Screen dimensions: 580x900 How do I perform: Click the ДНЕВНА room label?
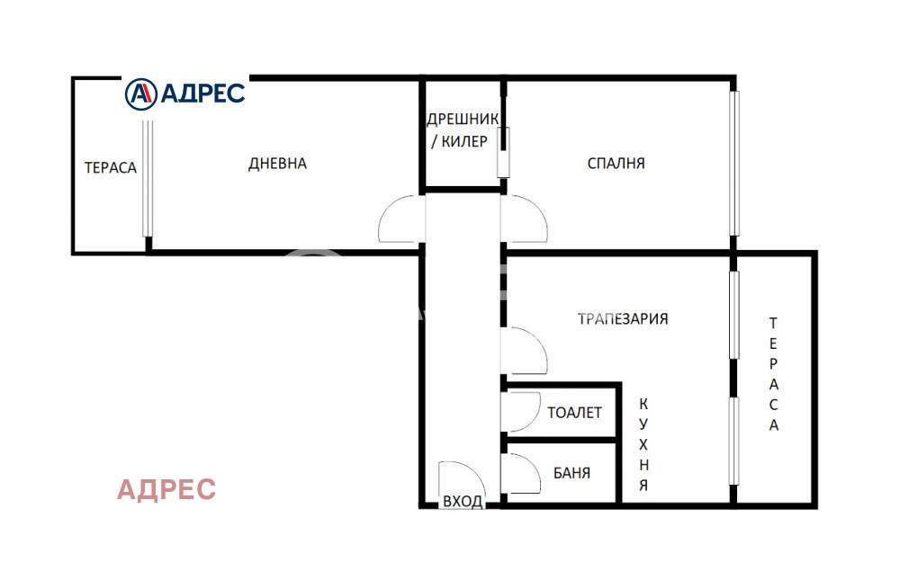click(x=277, y=164)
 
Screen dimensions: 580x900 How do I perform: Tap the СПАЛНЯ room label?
click(x=616, y=164)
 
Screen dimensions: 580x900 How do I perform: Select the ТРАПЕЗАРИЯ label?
click(x=623, y=318)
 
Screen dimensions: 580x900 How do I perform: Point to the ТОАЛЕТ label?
click(x=574, y=413)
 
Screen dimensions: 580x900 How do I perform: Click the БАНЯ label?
click(x=571, y=472)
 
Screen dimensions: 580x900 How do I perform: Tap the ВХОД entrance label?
click(x=462, y=502)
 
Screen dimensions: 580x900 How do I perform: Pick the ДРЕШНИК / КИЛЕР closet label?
click(x=458, y=130)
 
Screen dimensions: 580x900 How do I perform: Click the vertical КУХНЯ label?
click(x=643, y=444)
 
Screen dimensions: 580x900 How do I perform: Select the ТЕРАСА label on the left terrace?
click(x=110, y=167)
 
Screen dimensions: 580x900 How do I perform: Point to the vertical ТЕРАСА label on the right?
click(x=773, y=374)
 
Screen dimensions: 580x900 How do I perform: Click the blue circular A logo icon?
click(x=140, y=93)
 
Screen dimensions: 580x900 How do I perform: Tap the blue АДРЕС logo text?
click(x=202, y=93)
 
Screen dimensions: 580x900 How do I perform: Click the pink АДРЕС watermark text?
click(x=166, y=489)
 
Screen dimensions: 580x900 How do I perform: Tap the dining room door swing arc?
click(x=526, y=352)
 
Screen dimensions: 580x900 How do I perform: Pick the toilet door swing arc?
click(x=517, y=412)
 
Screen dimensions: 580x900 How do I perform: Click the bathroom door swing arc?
click(x=520, y=472)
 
